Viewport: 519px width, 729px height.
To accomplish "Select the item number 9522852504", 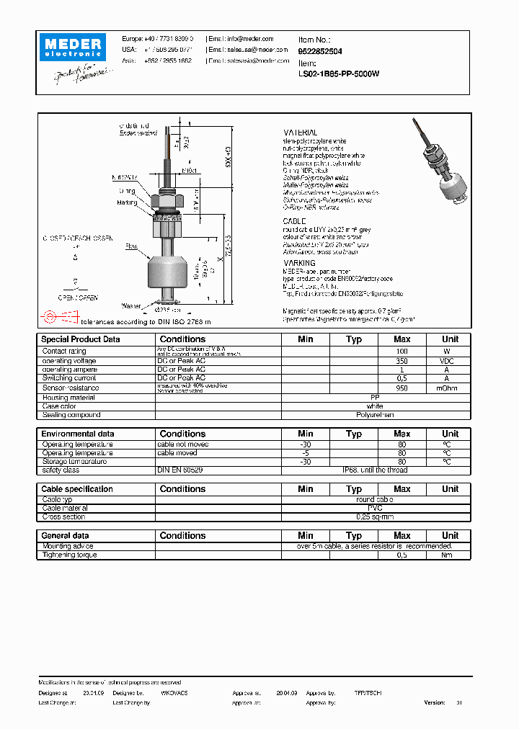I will tap(320, 51).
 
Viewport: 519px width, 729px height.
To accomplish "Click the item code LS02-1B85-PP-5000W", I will tap(339, 73).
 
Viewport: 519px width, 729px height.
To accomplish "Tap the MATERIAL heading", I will tap(300, 133).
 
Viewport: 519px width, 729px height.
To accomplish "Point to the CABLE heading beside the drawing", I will tap(294, 221).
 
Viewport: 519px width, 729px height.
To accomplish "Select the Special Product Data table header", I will tap(81, 339).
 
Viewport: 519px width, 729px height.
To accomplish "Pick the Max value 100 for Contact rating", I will tap(402, 352).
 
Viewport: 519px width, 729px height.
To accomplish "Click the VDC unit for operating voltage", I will tap(450, 361).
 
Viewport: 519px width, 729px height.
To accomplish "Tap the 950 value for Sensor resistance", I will tap(402, 388).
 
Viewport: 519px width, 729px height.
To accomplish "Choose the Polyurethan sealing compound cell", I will tap(375, 415).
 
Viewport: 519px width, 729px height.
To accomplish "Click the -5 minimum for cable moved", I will tap(305, 453).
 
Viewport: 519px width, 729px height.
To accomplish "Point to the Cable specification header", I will tap(77, 489).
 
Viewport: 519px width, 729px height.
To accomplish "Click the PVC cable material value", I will tap(375, 508).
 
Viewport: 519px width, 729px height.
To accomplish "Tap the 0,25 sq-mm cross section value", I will tap(375, 516).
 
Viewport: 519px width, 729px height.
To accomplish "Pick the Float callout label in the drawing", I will tap(131, 246).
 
